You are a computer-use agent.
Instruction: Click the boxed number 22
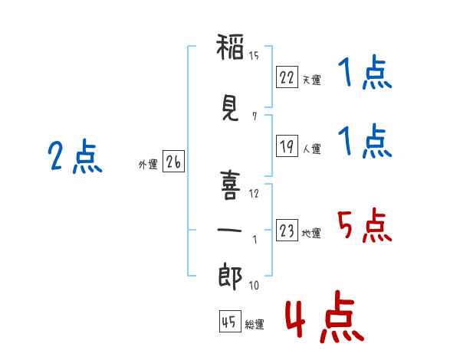[287, 77]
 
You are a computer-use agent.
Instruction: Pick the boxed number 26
[173, 162]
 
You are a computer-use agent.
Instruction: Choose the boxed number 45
[228, 322]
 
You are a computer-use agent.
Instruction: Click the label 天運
[311, 80]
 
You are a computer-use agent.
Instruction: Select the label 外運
[148, 165]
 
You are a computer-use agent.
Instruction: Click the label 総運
[255, 325]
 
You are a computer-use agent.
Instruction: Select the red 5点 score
[364, 225]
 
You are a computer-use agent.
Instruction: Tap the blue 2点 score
[75, 157]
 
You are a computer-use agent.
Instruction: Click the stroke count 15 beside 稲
[254, 55]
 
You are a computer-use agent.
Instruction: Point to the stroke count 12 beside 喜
[254, 193]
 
